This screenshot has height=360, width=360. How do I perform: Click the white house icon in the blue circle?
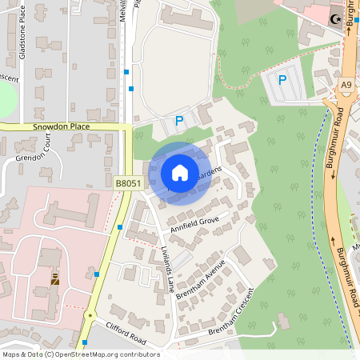coord(180,173)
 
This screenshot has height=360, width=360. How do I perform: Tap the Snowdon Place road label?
coord(62,126)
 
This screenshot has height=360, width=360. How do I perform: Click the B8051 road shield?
coord(128,183)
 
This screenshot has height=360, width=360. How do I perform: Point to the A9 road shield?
coord(346,85)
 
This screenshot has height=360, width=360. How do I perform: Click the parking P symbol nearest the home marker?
coord(179,122)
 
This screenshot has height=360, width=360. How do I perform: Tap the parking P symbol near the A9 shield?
coord(282,79)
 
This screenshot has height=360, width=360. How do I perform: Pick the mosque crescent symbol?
coord(336,18)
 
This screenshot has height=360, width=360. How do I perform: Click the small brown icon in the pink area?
coord(54,279)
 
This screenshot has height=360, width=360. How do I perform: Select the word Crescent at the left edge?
coord(9,78)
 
